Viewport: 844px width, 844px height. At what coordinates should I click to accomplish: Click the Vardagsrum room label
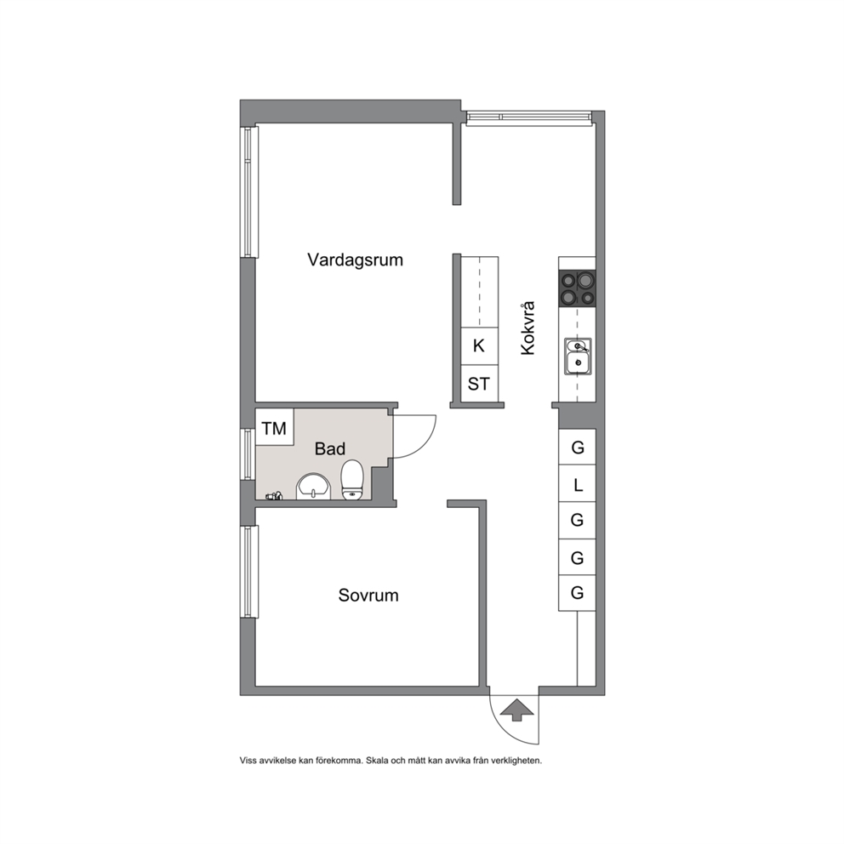click(x=356, y=260)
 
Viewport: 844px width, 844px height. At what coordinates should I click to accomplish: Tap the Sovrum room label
click(x=368, y=596)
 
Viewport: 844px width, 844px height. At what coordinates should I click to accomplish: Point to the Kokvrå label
click(x=528, y=328)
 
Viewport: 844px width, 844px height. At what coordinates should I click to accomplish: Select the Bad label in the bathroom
click(x=330, y=448)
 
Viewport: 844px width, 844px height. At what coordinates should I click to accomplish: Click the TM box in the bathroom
click(x=275, y=427)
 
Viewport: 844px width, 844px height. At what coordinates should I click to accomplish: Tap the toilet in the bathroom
click(x=352, y=479)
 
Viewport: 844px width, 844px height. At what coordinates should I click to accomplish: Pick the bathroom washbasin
click(x=313, y=486)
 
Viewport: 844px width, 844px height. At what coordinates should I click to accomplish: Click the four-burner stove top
click(x=577, y=288)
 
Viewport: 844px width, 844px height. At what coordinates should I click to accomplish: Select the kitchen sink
click(x=578, y=356)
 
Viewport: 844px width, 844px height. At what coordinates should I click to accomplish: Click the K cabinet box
click(x=478, y=345)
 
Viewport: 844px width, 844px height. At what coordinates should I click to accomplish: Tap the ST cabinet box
click(x=478, y=384)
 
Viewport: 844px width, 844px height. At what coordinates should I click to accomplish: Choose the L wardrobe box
click(x=577, y=484)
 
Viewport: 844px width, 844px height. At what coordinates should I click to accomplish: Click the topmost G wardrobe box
click(x=577, y=448)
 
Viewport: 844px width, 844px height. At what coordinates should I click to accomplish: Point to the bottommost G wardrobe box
click(x=577, y=593)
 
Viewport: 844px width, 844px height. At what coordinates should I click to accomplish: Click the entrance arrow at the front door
click(x=516, y=710)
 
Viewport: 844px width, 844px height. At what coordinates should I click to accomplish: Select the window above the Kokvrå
click(x=530, y=117)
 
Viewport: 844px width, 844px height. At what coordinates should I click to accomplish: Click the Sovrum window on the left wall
click(x=248, y=572)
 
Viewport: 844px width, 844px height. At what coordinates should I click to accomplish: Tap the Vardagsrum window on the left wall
click(x=248, y=192)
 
